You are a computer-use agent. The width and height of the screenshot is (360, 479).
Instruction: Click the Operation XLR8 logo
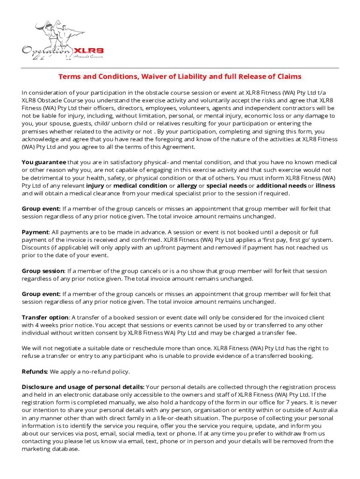click(63, 40)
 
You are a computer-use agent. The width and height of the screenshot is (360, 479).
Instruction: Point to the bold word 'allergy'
click(187, 186)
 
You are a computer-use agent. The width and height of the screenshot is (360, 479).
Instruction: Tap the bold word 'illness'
click(325, 186)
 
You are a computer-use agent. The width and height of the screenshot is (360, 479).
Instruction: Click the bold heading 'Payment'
click(35, 232)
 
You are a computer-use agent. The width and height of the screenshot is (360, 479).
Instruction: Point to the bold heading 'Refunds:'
click(35, 371)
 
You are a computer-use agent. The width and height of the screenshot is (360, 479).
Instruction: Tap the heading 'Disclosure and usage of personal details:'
click(83, 387)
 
